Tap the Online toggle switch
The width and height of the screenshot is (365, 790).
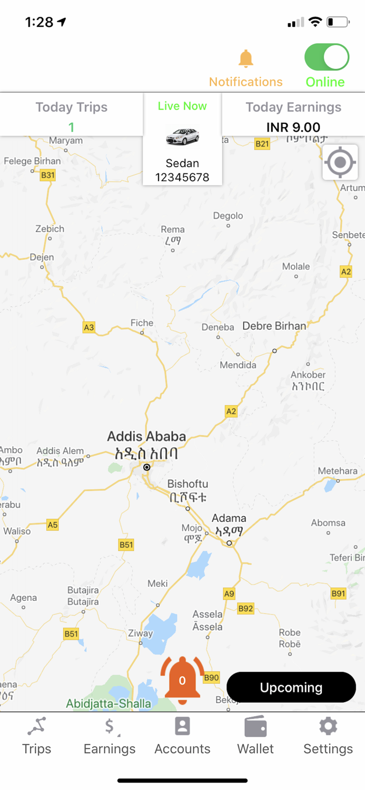(x=327, y=57)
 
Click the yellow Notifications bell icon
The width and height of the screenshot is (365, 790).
(x=246, y=59)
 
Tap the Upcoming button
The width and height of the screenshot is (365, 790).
(x=291, y=687)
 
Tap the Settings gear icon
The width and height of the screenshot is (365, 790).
(x=328, y=727)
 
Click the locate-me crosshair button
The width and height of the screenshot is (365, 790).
(x=340, y=162)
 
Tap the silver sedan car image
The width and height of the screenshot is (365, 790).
(x=182, y=137)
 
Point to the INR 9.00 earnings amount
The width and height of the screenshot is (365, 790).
(x=293, y=127)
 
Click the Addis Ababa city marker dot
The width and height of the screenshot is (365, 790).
(x=147, y=467)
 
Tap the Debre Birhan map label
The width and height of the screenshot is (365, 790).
(x=274, y=326)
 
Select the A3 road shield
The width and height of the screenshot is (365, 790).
(x=89, y=328)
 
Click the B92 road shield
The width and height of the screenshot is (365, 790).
(x=245, y=608)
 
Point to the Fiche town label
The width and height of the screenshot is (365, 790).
(x=142, y=323)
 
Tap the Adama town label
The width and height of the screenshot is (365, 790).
(x=229, y=518)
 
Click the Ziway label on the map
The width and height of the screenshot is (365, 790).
(x=140, y=634)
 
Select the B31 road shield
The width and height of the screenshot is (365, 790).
(x=48, y=175)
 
